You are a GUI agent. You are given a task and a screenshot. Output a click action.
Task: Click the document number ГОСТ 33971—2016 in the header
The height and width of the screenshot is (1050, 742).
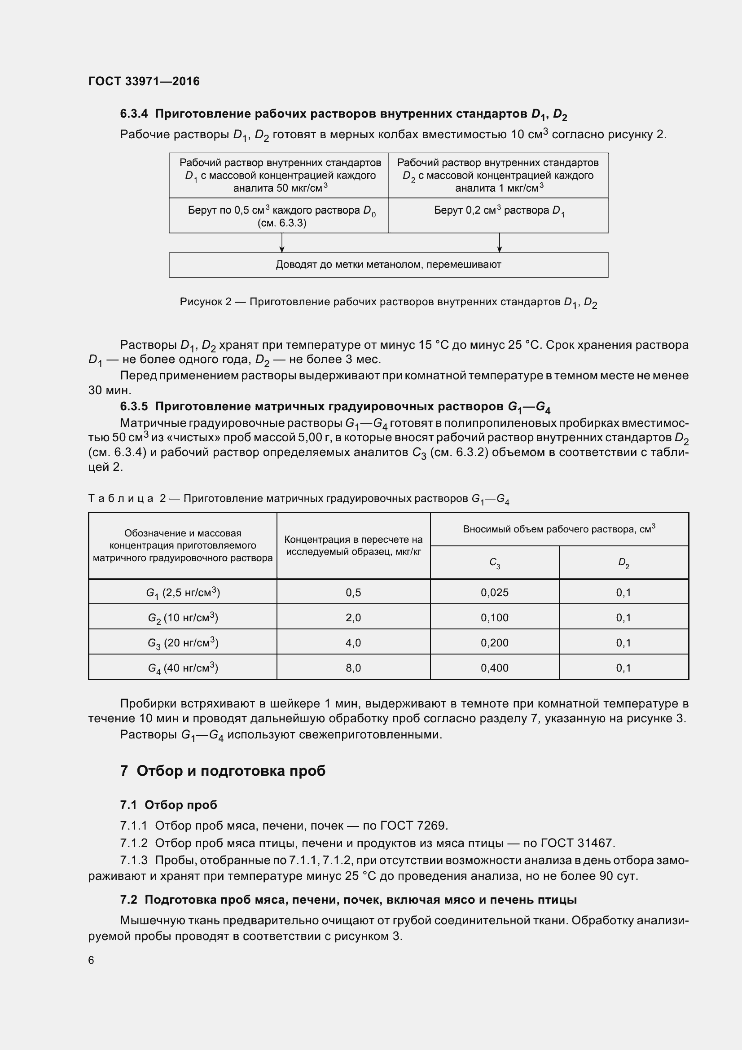(x=144, y=81)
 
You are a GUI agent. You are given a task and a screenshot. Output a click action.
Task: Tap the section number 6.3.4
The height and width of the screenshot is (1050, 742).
(x=134, y=114)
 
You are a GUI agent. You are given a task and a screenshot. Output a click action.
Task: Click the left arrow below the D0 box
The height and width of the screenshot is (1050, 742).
(x=282, y=243)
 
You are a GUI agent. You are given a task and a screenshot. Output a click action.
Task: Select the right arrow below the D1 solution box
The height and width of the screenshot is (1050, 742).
(x=499, y=243)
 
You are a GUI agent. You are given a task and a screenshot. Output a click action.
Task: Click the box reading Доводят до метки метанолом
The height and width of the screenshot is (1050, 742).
(x=388, y=265)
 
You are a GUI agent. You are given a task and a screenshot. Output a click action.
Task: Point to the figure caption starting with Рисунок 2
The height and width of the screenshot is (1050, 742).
(x=388, y=302)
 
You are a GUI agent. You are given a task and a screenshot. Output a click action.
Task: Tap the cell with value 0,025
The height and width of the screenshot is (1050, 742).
(x=494, y=593)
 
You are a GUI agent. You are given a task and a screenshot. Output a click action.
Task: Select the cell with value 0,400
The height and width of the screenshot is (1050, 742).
(x=494, y=668)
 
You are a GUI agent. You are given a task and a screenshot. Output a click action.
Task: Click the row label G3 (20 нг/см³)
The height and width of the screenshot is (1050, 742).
(x=183, y=643)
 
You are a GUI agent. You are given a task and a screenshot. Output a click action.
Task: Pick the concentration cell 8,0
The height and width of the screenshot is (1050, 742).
(x=353, y=668)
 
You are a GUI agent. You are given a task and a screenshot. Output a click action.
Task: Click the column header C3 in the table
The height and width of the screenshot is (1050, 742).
(x=494, y=563)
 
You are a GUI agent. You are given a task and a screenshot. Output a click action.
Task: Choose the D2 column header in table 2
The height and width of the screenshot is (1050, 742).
(x=623, y=563)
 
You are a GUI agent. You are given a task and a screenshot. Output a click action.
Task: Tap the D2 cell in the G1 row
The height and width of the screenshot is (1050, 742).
(x=623, y=593)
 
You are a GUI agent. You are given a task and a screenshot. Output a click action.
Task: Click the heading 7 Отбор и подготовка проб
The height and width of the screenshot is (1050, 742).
(x=223, y=771)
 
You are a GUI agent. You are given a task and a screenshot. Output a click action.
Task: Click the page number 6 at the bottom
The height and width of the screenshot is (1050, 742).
(x=91, y=960)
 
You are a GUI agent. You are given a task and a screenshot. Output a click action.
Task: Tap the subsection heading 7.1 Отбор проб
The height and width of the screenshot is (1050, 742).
(x=168, y=805)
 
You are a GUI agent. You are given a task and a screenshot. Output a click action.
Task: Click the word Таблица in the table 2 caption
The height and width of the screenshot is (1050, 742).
(x=121, y=498)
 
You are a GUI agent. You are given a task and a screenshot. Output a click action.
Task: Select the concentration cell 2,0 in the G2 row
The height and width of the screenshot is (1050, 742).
(x=353, y=618)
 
